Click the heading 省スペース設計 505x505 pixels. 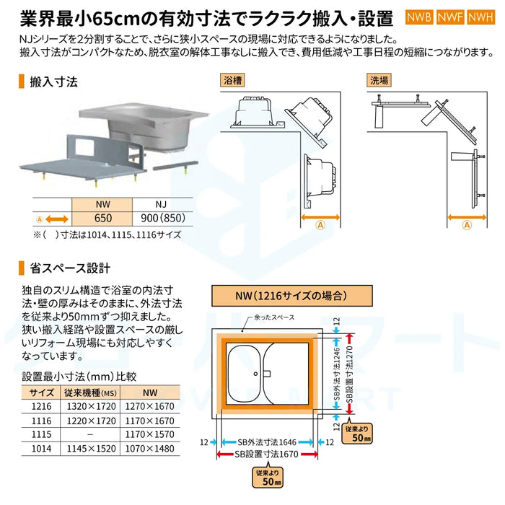69,268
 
